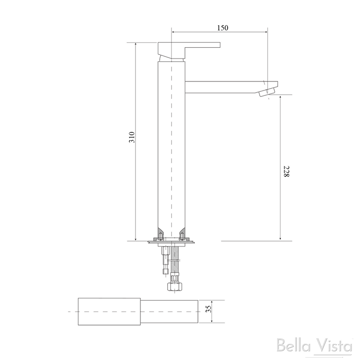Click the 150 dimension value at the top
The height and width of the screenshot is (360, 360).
point(222,28)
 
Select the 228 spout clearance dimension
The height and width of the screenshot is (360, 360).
point(284,172)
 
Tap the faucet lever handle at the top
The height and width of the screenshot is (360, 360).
point(189,46)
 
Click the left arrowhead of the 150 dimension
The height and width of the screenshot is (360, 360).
point(174,32)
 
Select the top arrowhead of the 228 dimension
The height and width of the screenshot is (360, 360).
point(280,98)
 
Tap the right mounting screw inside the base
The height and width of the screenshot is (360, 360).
point(183,235)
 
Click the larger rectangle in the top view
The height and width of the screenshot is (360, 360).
point(110,312)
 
